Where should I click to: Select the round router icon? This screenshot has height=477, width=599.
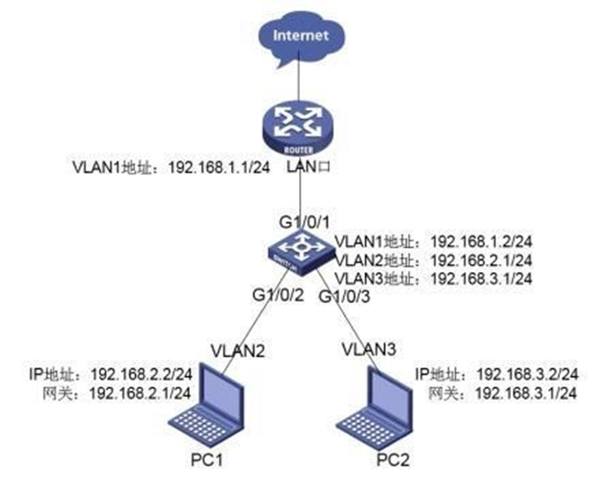point(298,130)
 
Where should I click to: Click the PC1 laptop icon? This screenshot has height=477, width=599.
point(207,405)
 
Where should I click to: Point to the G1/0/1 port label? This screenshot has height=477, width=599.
point(304,222)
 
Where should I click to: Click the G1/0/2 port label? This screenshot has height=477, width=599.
point(278,295)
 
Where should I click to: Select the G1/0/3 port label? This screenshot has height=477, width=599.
point(344,296)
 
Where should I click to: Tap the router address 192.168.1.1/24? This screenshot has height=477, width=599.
point(220,167)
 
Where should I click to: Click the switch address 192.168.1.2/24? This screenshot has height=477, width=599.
point(481,242)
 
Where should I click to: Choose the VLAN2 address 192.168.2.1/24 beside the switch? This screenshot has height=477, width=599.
point(481,260)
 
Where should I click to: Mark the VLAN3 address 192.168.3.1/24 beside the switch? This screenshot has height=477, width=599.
point(481,278)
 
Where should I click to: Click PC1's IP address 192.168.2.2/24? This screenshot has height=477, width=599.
point(141,374)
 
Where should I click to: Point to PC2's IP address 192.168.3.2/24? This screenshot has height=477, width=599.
point(528,374)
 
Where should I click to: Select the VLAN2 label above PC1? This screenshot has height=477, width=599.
point(238,351)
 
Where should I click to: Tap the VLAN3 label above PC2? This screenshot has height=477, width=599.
point(369,349)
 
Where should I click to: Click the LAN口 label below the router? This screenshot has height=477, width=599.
point(309,167)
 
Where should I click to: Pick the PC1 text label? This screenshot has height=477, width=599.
point(207,460)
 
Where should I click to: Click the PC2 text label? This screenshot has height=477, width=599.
point(393,460)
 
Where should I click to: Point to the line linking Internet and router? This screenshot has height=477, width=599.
point(298,85)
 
